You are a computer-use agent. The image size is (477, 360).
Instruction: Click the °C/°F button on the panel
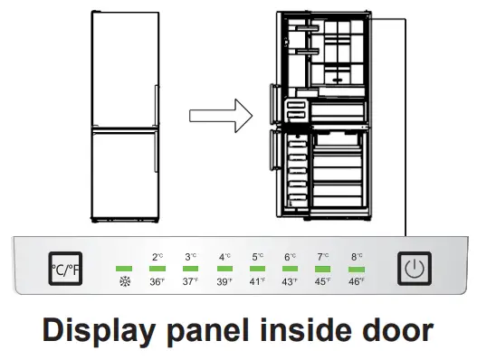[64, 269]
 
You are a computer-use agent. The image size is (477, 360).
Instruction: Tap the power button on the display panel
[414, 269]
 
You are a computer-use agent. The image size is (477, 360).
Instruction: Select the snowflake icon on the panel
[125, 281]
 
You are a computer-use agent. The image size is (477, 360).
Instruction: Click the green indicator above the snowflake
[124, 269]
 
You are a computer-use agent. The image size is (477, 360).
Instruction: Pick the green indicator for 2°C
[157, 269]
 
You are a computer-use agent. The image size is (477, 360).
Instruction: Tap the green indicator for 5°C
[257, 269]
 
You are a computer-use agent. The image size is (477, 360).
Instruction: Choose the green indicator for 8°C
[357, 269]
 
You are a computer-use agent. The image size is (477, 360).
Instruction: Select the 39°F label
[224, 281]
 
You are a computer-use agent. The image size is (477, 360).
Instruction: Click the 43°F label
[291, 281]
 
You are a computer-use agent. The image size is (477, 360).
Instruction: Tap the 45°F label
[324, 281]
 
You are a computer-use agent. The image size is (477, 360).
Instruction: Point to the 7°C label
[324, 257]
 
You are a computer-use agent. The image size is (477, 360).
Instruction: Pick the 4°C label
[224, 257]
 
